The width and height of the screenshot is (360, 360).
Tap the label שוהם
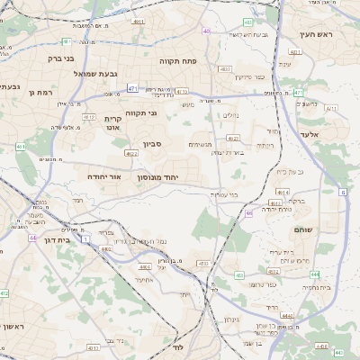click(x=303, y=230)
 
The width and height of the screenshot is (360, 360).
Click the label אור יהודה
click(x=105, y=177)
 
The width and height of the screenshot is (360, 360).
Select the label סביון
click(x=150, y=142)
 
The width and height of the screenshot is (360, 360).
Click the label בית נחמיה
click(x=318, y=286)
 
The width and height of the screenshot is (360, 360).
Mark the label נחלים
click(x=230, y=114)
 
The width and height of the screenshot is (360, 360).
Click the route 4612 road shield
click(x=88, y=116)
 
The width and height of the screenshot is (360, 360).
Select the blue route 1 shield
click(x=85, y=239)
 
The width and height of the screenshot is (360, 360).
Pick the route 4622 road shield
click(x=131, y=154)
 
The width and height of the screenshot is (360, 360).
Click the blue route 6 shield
click(x=343, y=192)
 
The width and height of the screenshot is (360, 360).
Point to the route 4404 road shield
click(x=144, y=266)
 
